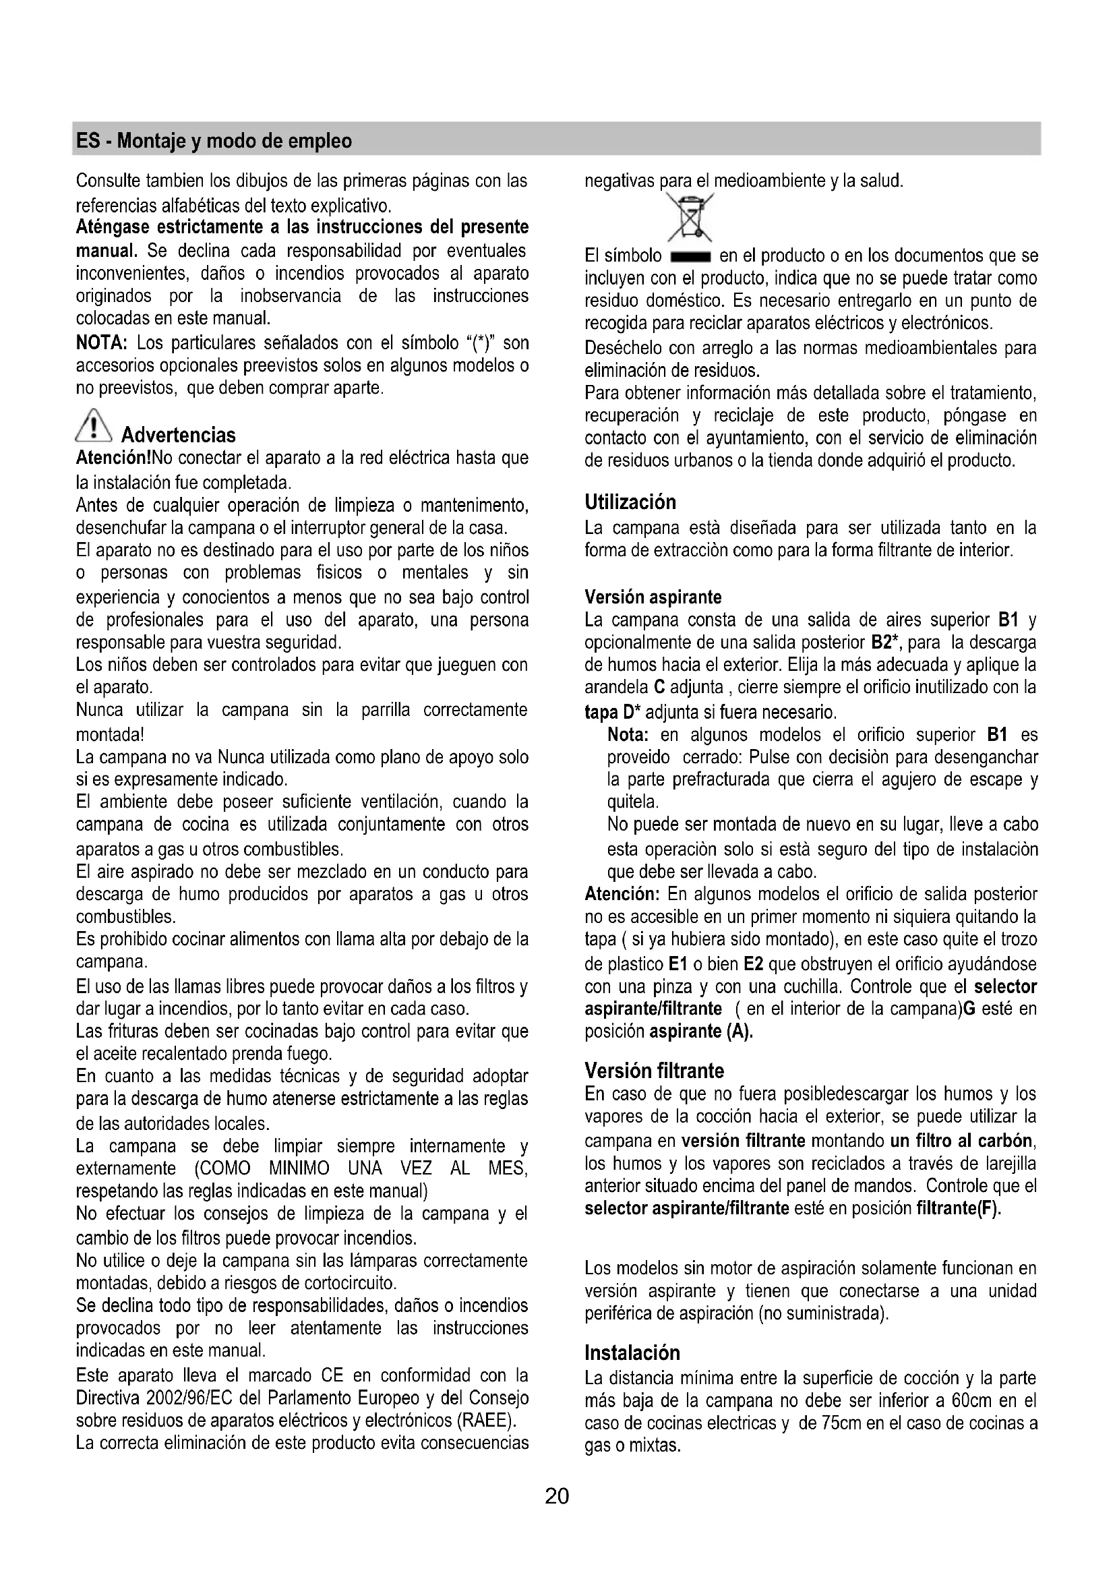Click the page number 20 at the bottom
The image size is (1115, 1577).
pos(557,1496)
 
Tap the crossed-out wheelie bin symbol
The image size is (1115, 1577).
pos(692,216)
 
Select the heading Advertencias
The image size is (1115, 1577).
pos(178,435)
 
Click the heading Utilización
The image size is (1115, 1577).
pos(630,502)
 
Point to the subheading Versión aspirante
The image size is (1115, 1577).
pos(653,597)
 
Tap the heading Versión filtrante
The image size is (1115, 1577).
pos(654,1071)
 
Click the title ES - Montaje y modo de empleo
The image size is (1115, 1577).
pos(214,141)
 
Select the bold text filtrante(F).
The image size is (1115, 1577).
pos(959,1208)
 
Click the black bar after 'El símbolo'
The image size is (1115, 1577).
pos(690,258)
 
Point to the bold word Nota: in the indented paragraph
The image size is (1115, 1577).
pos(628,735)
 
